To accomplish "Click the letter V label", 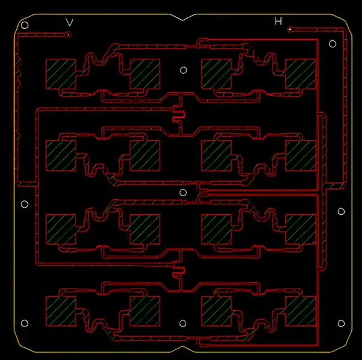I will coord(70,22).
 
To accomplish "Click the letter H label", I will coord(278,21).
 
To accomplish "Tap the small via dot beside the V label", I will coord(69,35).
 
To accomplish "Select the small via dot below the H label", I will coord(290,29).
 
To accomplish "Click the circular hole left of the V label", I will coord(25,25).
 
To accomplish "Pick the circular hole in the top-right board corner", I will coord(333,43).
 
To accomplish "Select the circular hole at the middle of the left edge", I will coord(25,205).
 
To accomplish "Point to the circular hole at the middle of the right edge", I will coord(341,211).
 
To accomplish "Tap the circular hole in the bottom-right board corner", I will coord(341,324).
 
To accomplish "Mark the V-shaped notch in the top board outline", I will coord(186,18).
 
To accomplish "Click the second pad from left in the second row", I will coord(145,155).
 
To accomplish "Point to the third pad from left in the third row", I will coord(216,229).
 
